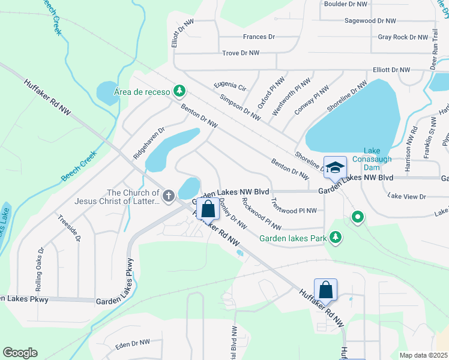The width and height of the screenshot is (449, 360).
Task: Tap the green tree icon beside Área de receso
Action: click(x=178, y=91)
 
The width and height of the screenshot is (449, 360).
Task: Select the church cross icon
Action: click(x=169, y=195)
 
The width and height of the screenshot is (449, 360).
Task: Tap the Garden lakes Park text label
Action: click(x=293, y=238)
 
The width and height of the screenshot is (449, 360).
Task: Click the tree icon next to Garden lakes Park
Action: click(x=336, y=238)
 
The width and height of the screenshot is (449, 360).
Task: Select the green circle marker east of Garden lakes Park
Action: click(x=358, y=217)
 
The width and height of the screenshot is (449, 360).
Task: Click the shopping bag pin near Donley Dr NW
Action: click(x=208, y=210)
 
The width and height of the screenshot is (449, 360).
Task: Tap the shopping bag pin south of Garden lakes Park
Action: click(x=325, y=290)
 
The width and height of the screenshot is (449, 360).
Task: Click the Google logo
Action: click(x=20, y=353)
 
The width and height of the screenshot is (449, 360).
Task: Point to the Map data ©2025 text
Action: click(x=423, y=355)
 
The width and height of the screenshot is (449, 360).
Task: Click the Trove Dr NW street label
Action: click(x=240, y=53)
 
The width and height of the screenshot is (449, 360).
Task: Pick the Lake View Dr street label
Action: click(x=406, y=196)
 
